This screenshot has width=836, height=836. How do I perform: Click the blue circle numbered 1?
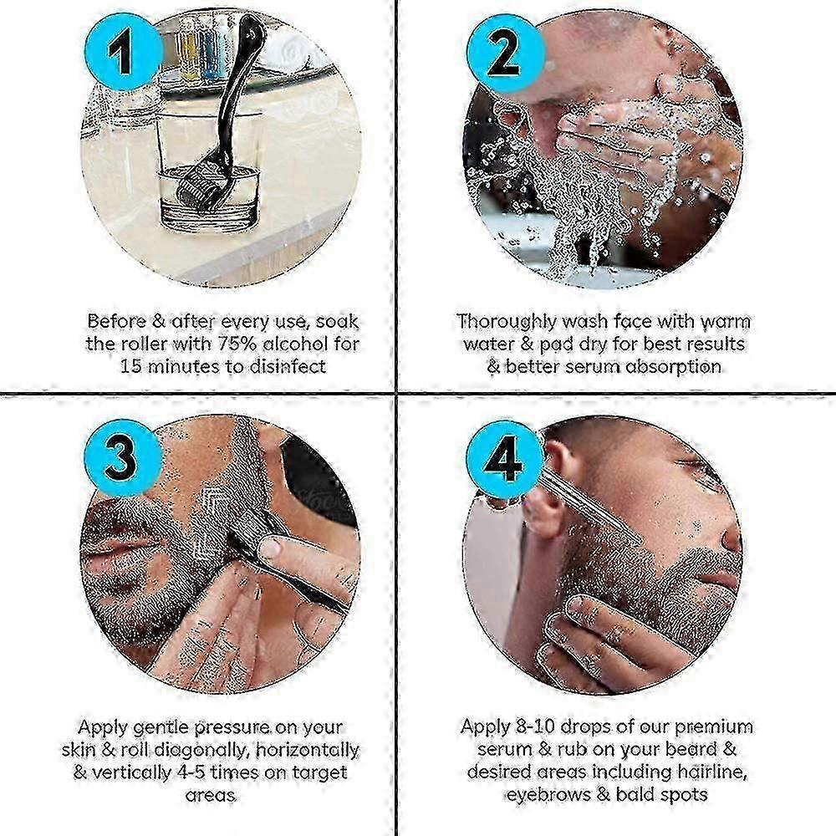click(123, 52)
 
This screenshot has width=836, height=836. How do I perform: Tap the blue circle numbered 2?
click(506, 52)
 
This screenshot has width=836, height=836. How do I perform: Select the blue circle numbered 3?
click(123, 458)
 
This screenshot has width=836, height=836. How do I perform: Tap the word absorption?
click(673, 367)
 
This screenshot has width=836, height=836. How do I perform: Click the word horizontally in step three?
click(308, 750)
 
